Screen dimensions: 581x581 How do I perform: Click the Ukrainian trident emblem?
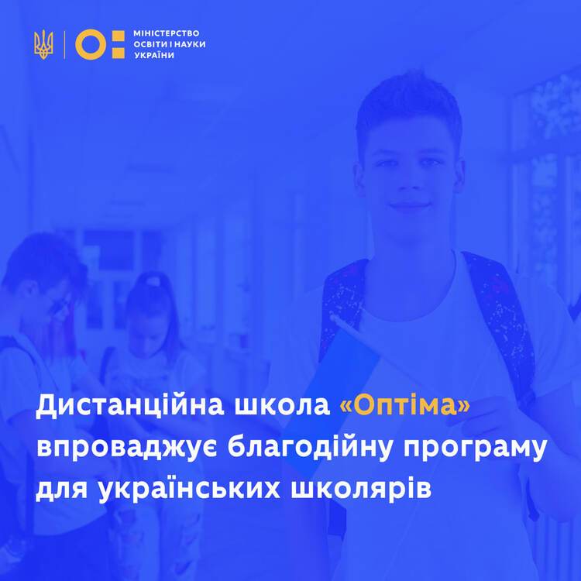[43, 45]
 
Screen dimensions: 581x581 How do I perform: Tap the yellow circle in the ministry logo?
[91, 45]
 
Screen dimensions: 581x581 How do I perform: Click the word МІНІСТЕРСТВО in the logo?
[167, 33]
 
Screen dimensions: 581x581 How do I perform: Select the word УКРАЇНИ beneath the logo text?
[154, 56]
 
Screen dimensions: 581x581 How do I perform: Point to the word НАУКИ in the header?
[189, 44]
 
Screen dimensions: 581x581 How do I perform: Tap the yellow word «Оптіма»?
[404, 405]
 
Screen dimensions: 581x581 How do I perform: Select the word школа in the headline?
[282, 406]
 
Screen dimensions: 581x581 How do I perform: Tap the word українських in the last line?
[189, 488]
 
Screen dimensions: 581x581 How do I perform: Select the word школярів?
[361, 489]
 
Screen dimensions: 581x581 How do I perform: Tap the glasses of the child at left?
[60, 303]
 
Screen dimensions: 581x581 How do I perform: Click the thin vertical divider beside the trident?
[64, 45]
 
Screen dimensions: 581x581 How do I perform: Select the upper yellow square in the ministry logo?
[119, 36]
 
